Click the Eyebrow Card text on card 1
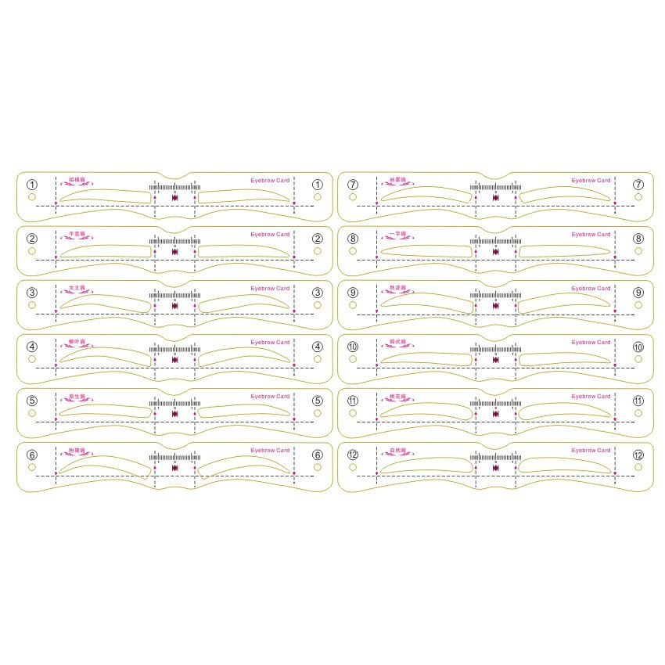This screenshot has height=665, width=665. (270, 181)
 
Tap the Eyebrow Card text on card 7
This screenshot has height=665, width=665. (591, 181)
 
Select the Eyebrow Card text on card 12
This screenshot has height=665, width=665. (591, 451)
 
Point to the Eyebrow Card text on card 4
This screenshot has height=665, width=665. (270, 343)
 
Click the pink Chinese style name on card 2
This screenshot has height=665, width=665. (77, 234)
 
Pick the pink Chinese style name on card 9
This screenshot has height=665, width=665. (397, 288)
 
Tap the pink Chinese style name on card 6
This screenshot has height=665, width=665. (77, 451)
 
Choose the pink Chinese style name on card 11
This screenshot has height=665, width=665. (397, 397)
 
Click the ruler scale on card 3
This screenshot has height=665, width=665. (174, 296)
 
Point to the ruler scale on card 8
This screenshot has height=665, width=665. (495, 242)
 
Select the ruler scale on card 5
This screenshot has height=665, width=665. (174, 404)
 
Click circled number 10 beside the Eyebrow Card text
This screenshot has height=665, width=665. (638, 347)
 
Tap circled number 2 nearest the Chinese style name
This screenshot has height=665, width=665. (32, 239)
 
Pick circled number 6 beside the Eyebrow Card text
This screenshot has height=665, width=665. (318, 455)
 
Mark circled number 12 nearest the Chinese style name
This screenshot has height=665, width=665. (353, 455)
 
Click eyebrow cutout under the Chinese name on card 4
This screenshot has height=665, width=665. (106, 357)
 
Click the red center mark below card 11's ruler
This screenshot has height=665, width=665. (495, 414)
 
